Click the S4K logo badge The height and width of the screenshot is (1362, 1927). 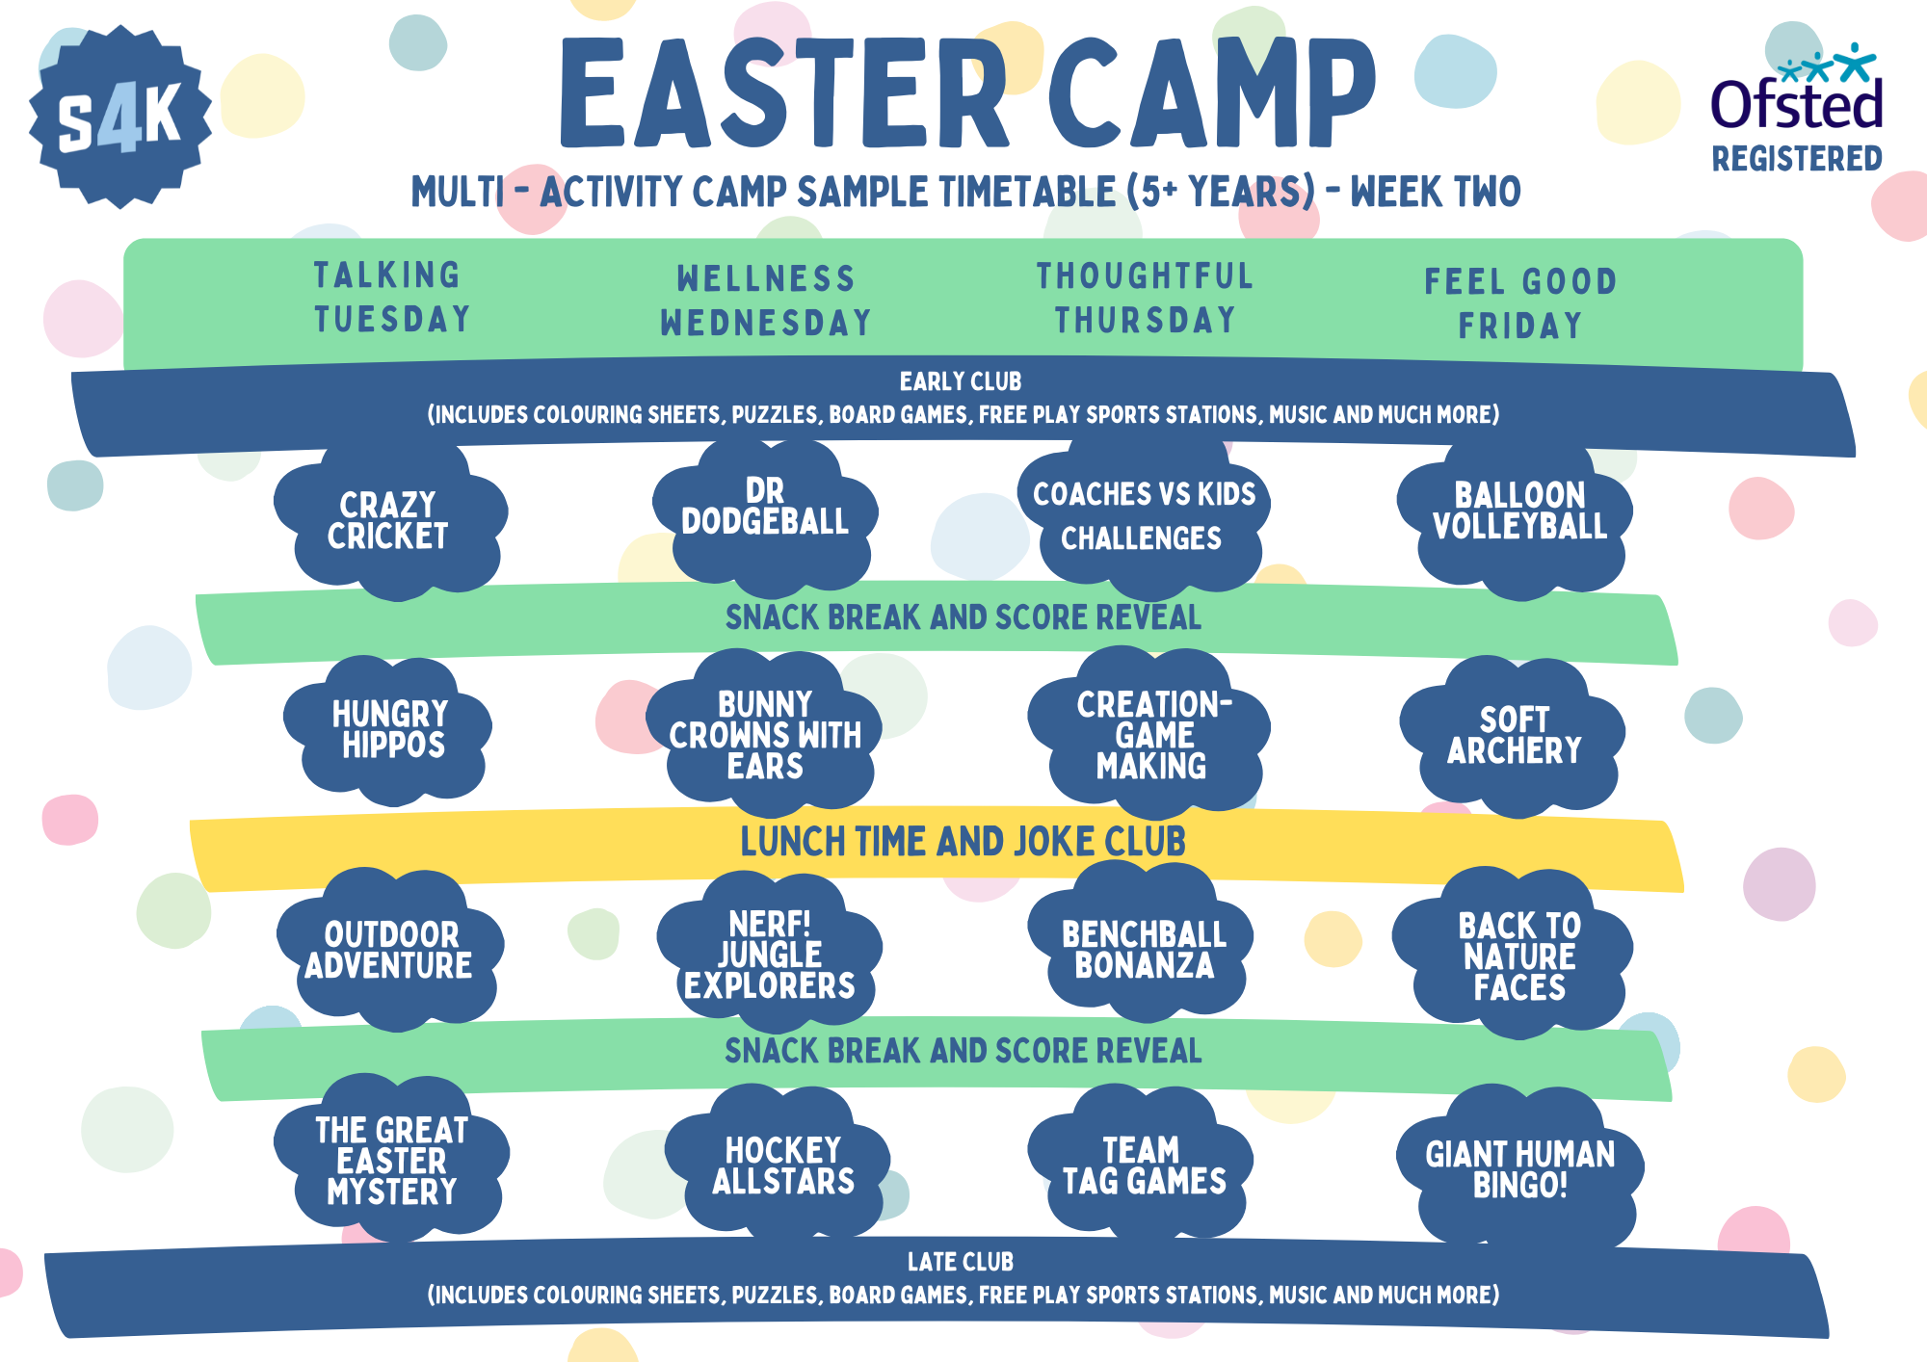click(x=119, y=116)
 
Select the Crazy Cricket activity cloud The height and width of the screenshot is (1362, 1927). click(x=388, y=520)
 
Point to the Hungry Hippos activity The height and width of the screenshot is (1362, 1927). click(x=390, y=730)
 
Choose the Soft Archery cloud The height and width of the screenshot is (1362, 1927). click(x=1514, y=736)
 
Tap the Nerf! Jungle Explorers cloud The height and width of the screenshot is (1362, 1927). click(x=769, y=954)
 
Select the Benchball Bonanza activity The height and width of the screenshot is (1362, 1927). click(x=1144, y=949)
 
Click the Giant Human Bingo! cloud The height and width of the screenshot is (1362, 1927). click(x=1519, y=1168)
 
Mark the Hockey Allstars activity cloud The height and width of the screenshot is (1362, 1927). click(x=782, y=1166)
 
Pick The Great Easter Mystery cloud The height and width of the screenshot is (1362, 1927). click(x=391, y=1161)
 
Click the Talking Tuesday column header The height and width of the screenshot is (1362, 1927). click(x=391, y=297)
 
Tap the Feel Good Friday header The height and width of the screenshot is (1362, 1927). click(x=1520, y=303)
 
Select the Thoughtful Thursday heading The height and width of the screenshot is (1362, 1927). click(x=1145, y=298)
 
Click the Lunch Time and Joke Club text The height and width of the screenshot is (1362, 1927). click(x=963, y=842)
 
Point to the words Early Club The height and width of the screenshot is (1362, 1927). click(x=961, y=381)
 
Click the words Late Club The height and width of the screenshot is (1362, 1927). click(x=961, y=1262)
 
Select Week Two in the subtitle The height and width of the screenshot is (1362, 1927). click(x=1435, y=192)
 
